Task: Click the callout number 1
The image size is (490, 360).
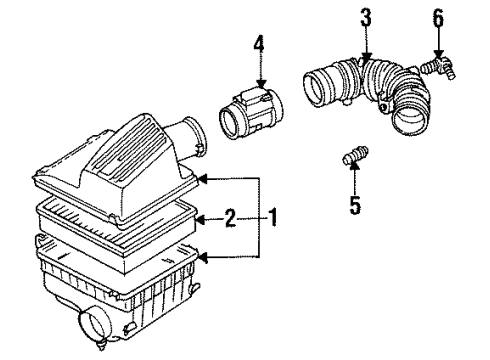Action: click(x=273, y=217)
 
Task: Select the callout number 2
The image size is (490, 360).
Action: click(x=230, y=218)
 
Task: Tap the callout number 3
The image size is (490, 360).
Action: click(x=366, y=17)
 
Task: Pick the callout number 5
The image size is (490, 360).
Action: click(x=355, y=205)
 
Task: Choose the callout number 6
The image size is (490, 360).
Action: click(x=438, y=18)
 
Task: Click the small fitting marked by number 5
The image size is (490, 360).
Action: click(x=355, y=155)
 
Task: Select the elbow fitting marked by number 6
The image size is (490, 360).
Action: click(x=438, y=67)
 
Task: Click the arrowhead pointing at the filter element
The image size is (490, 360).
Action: click(x=201, y=219)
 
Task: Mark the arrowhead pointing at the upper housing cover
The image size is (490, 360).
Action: click(x=203, y=179)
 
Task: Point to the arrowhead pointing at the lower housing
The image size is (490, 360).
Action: click(x=203, y=257)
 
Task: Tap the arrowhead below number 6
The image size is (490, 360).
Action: click(x=439, y=54)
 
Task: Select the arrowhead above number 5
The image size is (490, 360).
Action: click(x=355, y=165)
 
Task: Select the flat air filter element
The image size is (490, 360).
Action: click(x=117, y=227)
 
